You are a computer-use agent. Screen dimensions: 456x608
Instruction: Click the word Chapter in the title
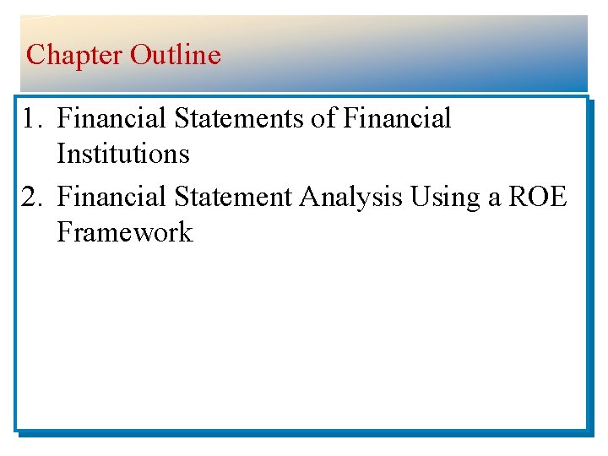tap(74, 56)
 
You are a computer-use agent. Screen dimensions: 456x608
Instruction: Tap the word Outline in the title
tap(176, 56)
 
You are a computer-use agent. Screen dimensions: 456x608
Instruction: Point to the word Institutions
tap(123, 155)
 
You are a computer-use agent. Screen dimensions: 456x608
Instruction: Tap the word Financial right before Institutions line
tap(398, 119)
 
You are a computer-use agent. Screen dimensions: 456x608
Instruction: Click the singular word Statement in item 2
tap(235, 197)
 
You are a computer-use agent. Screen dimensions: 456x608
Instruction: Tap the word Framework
tap(125, 232)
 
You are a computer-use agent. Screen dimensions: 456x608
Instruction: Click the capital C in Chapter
tap(35, 56)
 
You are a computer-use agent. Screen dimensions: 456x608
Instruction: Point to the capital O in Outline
tap(139, 56)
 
